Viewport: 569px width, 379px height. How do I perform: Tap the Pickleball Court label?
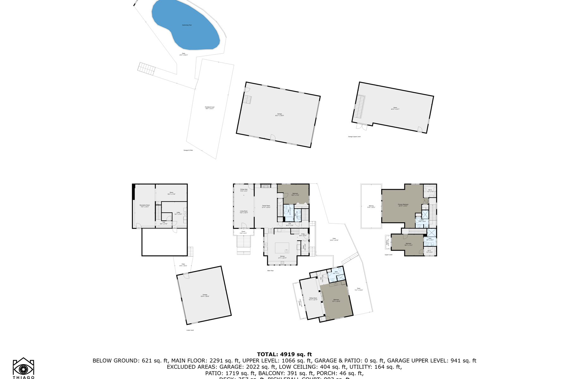pos(210,107)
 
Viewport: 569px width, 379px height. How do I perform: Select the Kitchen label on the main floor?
pos(282,257)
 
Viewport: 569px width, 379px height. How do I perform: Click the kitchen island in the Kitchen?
pos(282,248)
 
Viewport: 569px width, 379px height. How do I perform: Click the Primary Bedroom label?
pos(403,205)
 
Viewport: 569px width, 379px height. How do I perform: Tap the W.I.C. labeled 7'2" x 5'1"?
pos(429,251)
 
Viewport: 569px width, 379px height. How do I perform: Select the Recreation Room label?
pos(145,206)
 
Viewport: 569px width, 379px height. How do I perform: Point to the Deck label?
pos(358,289)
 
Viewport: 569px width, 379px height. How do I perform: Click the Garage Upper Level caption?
pos(354,137)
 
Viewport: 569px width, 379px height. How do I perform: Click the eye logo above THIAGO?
pos(23,368)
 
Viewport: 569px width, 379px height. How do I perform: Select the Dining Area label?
pos(244,190)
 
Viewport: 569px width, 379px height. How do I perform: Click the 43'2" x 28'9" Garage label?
pos(279,115)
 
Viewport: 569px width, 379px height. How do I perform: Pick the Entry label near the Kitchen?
pos(303,234)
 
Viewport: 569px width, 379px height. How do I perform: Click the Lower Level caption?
pos(190,330)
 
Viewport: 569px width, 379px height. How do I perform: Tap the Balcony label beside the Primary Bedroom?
pos(371,206)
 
